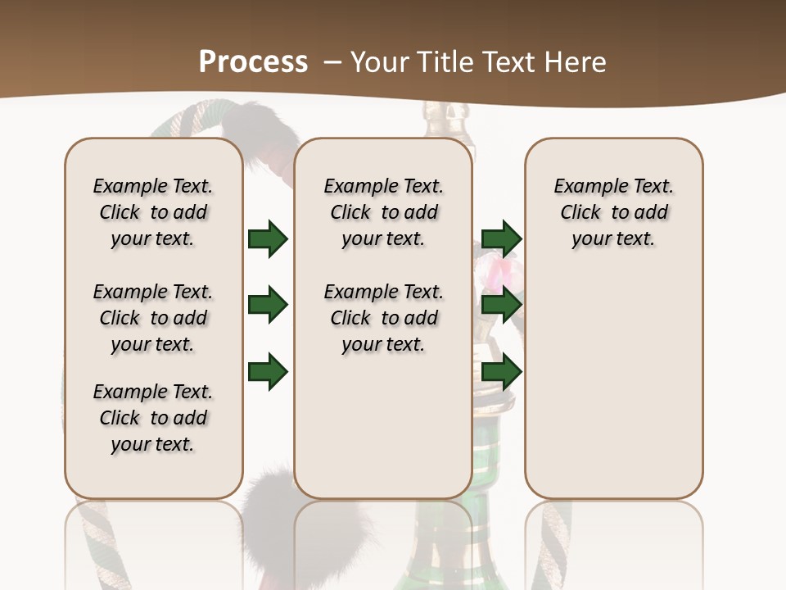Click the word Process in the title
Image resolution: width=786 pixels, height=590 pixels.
click(253, 62)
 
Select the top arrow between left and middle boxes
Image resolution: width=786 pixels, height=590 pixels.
click(268, 238)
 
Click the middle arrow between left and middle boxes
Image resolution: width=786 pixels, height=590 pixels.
click(268, 305)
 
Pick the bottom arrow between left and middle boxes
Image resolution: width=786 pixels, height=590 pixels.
click(268, 371)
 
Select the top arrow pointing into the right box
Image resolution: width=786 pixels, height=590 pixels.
click(501, 238)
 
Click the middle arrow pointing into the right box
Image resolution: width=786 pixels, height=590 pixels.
click(501, 305)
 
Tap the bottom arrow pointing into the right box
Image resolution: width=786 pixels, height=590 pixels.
click(501, 371)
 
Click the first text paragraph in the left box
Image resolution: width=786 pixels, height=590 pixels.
click(153, 212)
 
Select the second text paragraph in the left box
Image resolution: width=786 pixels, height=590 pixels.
click(153, 318)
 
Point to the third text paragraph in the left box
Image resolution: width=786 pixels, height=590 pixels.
click(153, 418)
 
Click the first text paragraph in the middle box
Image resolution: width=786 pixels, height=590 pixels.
click(384, 212)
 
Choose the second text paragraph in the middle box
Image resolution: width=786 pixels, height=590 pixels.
click(384, 318)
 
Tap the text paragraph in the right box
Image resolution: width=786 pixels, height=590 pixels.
click(614, 212)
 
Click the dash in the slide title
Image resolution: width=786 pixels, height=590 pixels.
click(332, 62)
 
